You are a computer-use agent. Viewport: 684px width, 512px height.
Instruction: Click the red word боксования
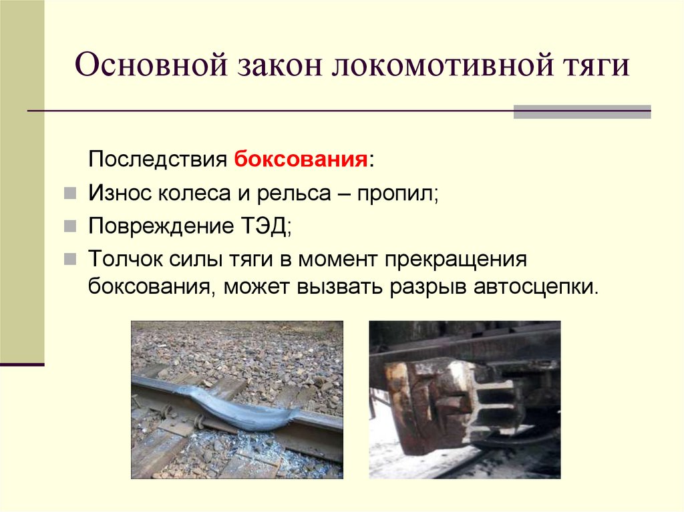tap(301, 161)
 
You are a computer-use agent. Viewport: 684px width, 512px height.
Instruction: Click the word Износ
tap(120, 194)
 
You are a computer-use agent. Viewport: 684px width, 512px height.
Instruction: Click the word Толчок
tap(120, 258)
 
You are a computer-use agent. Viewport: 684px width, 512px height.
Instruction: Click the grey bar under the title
tap(582, 111)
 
